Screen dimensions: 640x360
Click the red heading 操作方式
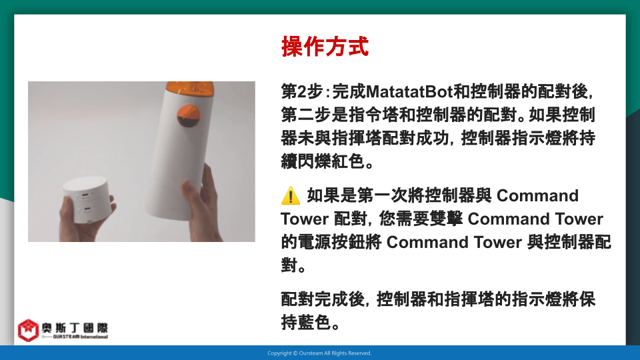[325, 46]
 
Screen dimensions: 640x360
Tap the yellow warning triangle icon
[291, 195]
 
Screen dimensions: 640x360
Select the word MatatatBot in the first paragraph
[409, 91]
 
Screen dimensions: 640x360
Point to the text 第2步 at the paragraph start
[301, 91]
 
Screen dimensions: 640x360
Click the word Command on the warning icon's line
[537, 195]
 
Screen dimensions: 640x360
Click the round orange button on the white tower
[189, 115]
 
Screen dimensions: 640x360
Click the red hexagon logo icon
[28, 330]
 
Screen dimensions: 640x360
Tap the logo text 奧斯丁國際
[75, 328]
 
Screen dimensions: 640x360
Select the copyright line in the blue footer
[319, 353]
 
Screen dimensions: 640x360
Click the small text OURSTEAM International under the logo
[80, 337]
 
